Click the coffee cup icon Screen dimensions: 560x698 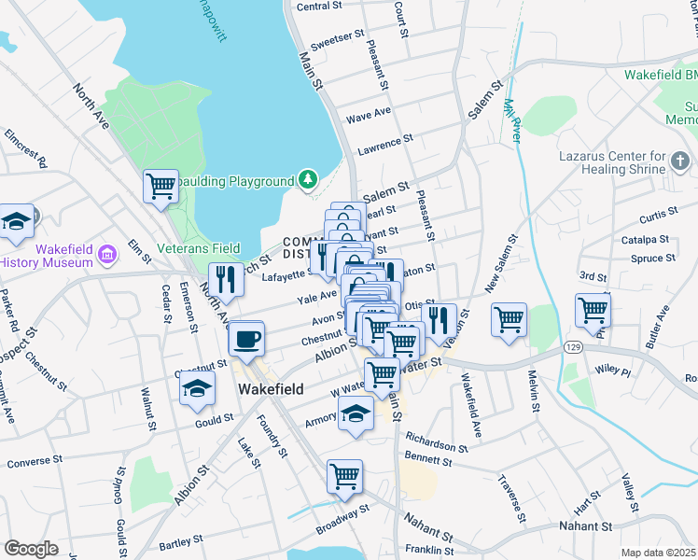(246, 340)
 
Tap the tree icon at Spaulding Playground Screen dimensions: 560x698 (307, 177)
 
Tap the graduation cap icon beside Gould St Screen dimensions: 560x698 (197, 389)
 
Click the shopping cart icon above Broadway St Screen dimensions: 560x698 (344, 476)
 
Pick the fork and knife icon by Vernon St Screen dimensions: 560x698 (440, 319)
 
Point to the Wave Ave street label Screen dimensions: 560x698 (369, 117)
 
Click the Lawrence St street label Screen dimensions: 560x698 (385, 145)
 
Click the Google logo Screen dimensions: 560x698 (30, 549)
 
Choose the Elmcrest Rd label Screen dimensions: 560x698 (25, 149)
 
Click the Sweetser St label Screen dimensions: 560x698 (338, 40)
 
